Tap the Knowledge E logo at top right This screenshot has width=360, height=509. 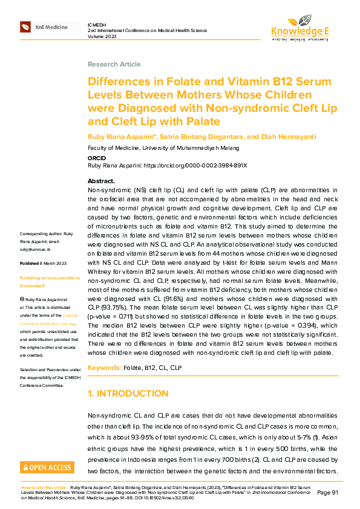point(301,28)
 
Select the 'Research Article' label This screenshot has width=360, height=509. point(114,64)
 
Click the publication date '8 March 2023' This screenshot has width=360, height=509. point(53,264)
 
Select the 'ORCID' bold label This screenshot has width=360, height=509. point(97,158)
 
